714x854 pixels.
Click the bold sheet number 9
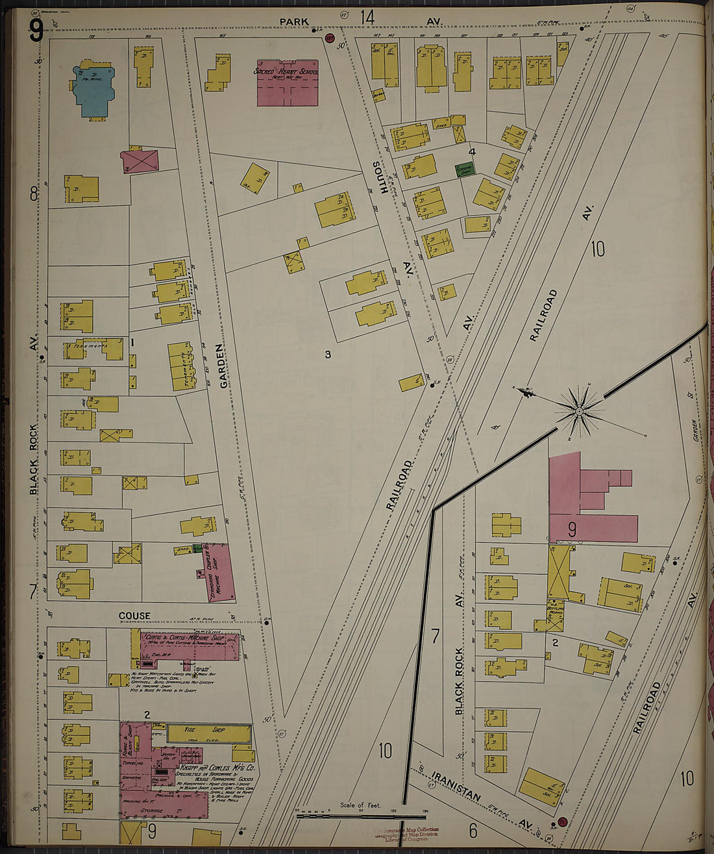pos(36,29)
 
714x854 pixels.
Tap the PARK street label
pos(294,21)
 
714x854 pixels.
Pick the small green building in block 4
pos(465,169)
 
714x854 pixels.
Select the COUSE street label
pos(134,615)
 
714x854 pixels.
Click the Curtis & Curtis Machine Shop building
pos(190,646)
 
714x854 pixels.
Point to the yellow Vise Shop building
pos(208,734)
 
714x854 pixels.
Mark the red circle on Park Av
pos(329,38)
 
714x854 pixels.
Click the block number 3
pos(328,354)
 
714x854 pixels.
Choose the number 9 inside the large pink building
pos(572,529)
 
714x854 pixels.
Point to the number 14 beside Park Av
pos(368,17)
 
